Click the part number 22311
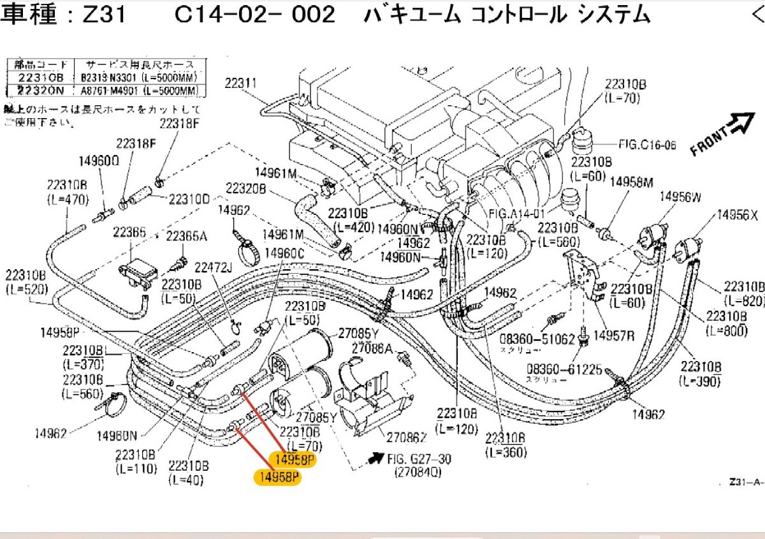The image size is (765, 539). click(240, 82)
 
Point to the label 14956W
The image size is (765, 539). click(680, 198)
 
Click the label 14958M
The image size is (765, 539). click(632, 182)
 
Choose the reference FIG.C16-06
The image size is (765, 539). click(647, 145)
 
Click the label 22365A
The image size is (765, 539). click(187, 236)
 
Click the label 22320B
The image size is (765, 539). click(245, 189)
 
